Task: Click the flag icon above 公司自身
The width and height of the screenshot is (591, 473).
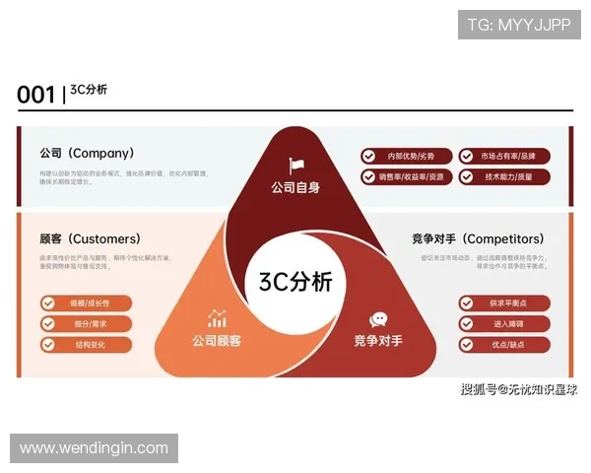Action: pyautogui.click(x=296, y=166)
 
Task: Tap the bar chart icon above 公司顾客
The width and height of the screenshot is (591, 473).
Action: pyautogui.click(x=217, y=318)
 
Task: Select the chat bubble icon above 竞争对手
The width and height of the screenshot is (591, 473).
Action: pyautogui.click(x=378, y=319)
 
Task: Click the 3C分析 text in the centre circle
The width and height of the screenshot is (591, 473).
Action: pyautogui.click(x=295, y=281)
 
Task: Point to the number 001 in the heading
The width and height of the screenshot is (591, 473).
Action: pyautogui.click(x=35, y=95)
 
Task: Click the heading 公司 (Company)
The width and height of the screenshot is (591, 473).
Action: pyautogui.click(x=87, y=154)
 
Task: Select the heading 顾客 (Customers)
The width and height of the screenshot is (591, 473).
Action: pyautogui.click(x=90, y=238)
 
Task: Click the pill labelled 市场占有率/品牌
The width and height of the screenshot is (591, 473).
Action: pyautogui.click(x=504, y=156)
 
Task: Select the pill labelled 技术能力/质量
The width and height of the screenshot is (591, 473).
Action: pyautogui.click(x=504, y=177)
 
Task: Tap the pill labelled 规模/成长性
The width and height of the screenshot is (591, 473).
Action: pyautogui.click(x=86, y=303)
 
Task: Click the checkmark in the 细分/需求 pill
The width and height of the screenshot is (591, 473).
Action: pyautogui.click(x=48, y=323)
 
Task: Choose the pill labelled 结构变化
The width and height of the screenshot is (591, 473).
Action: pyautogui.click(x=86, y=345)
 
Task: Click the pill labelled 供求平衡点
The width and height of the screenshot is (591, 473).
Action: pyautogui.click(x=503, y=303)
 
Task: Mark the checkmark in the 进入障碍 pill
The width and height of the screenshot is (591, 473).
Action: pyautogui.click(x=467, y=323)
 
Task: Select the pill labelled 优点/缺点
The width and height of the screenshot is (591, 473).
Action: pyautogui.click(x=503, y=345)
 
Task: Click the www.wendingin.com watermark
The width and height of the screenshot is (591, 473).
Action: pyautogui.click(x=95, y=448)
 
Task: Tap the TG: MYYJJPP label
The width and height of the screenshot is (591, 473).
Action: pyautogui.click(x=519, y=25)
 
